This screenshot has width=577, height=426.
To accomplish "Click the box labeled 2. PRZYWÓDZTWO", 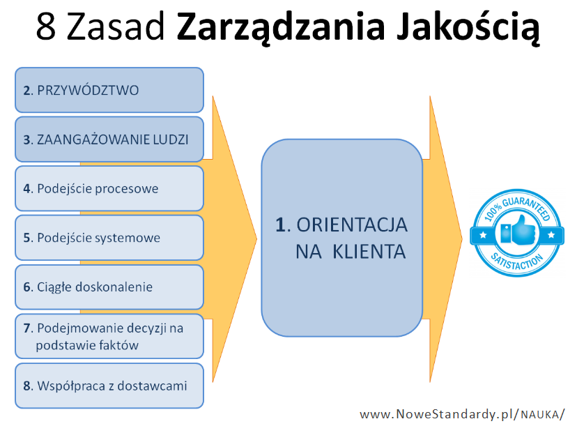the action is pos(109,90).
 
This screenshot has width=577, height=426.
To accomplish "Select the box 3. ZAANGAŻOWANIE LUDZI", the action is pos(109,139).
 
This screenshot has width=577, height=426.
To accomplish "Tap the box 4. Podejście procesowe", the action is pos(109,188).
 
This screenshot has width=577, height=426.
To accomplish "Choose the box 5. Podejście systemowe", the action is pos(109,238).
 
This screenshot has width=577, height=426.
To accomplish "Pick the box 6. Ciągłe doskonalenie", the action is pos(109,287).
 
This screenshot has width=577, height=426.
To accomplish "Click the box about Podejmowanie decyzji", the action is pos(109,336).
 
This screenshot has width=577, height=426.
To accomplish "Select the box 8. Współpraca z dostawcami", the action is pos(109,386).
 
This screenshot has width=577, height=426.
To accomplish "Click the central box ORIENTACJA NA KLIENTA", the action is pos(342,238).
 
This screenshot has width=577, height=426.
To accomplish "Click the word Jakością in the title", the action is pos(468,26).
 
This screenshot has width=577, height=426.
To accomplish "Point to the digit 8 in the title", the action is pos(46,26).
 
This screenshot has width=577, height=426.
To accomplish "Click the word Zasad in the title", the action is pos(115,26).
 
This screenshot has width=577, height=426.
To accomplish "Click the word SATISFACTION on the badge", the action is pos(516,261).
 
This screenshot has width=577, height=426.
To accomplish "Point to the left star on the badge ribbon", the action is pos(483,234).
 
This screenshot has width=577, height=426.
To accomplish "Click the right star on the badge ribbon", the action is pos(551,234).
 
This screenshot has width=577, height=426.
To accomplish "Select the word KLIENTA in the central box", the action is pos(369,252).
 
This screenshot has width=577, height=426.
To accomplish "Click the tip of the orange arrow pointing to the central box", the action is pos(257,238).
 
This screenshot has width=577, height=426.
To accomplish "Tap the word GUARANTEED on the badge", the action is pos(527,207).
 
